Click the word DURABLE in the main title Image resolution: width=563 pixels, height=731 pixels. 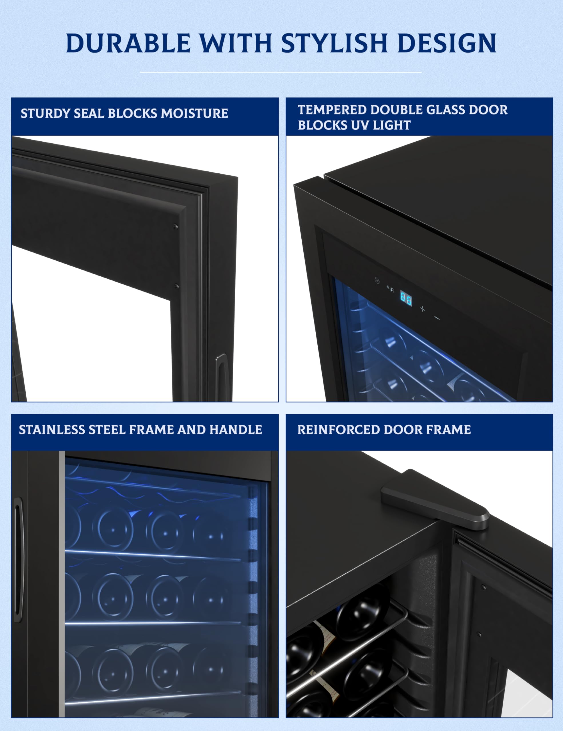coord(128,43)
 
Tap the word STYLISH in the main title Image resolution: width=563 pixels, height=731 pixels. coord(334,43)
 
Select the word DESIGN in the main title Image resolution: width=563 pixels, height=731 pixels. coord(447,43)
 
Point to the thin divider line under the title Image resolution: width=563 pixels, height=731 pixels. coord(281,72)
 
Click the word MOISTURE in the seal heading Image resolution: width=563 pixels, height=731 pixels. coord(194,113)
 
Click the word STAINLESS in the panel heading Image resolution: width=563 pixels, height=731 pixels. coord(52,429)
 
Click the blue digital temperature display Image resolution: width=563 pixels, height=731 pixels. coord(406,299)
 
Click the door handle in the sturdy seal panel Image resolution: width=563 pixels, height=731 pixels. coord(222,377)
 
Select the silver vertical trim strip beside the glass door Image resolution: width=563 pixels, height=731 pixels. coord(62,583)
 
